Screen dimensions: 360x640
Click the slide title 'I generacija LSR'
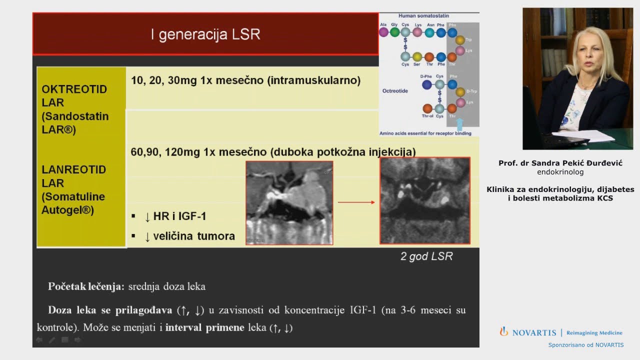[205, 34]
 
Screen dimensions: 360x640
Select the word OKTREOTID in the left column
[74, 89]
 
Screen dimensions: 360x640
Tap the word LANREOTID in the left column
[73, 169]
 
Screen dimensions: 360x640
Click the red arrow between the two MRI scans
[356, 202]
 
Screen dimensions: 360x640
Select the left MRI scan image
[289, 202]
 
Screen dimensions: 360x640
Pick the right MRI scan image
[424, 200]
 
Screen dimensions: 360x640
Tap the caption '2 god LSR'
[426, 256]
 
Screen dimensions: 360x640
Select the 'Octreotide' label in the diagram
[395, 91]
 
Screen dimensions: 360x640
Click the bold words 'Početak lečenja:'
[86, 286]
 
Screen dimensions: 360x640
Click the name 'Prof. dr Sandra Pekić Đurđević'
[560, 163]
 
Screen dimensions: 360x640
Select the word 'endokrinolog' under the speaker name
[560, 172]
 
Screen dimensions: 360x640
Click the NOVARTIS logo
[527, 332]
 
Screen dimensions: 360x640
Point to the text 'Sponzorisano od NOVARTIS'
[585, 345]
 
